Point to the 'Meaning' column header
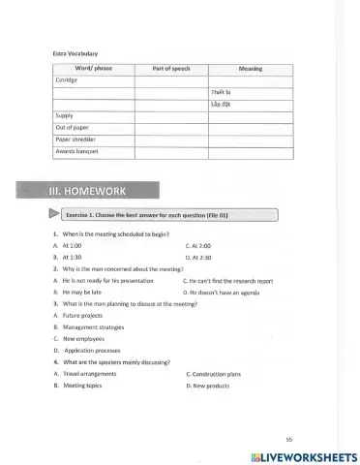pos(251,69)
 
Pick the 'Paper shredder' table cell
pos(73,139)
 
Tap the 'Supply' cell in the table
pos(63,115)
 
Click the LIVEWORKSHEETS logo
pos(303,455)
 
